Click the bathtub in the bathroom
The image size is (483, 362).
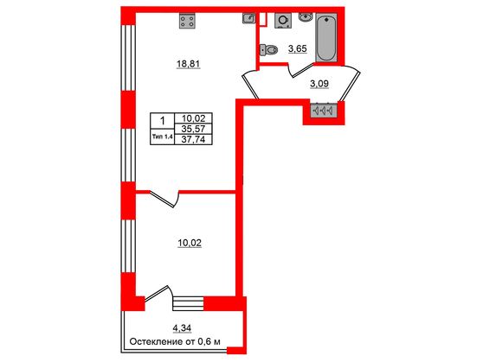point(326,37)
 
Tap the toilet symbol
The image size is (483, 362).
point(268,49)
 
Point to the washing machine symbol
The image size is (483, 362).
point(281,21)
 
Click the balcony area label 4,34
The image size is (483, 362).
point(183,327)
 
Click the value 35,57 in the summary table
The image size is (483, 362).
point(189,128)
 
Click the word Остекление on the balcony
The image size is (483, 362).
point(156,341)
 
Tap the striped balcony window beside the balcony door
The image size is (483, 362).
point(188,302)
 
